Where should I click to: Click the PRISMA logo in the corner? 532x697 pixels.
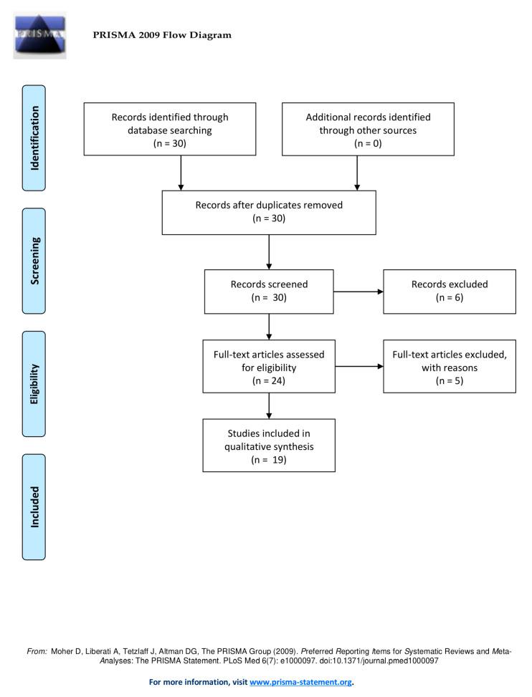(x=39, y=34)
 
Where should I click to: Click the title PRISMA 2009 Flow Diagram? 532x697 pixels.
(x=162, y=35)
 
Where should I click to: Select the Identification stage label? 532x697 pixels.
(x=34, y=138)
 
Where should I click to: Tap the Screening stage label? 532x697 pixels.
(x=34, y=261)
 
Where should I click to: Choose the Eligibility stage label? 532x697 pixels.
(x=34, y=384)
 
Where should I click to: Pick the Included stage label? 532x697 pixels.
(x=34, y=507)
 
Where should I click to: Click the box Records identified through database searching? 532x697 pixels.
(x=170, y=129)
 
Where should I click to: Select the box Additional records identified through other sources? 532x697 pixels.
(x=369, y=129)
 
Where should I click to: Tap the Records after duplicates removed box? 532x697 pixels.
(x=269, y=211)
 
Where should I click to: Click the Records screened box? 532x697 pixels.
(x=269, y=291)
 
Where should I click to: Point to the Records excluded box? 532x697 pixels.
(x=449, y=291)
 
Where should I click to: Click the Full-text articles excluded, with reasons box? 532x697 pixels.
(x=449, y=367)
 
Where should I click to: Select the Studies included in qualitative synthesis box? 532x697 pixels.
(x=269, y=446)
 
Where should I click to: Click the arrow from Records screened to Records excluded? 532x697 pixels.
(x=358, y=292)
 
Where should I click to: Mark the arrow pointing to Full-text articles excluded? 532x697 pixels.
(x=358, y=367)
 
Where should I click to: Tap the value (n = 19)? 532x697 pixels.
(x=269, y=460)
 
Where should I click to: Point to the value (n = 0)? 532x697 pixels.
(x=369, y=143)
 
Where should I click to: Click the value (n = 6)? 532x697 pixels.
(x=449, y=298)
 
